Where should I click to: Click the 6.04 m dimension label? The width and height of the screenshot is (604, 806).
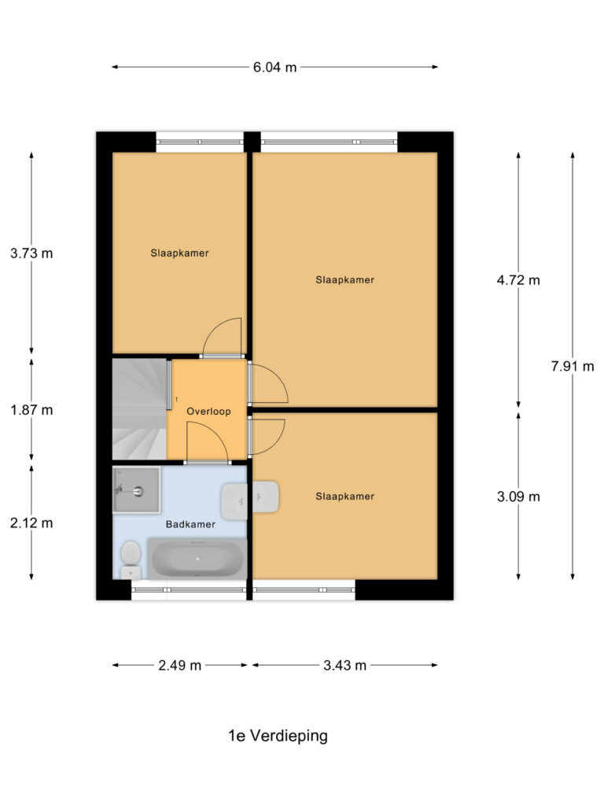tap(274, 68)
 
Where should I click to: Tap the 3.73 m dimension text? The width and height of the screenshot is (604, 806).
tap(31, 253)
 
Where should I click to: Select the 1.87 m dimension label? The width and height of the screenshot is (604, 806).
tap(31, 410)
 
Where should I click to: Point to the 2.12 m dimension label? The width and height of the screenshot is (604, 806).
tap(31, 523)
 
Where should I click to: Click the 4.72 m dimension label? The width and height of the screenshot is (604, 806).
tap(518, 280)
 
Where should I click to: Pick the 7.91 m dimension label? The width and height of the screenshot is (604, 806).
tap(572, 365)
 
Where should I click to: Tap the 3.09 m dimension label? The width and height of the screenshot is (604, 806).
tap(518, 497)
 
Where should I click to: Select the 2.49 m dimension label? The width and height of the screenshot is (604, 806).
tap(180, 666)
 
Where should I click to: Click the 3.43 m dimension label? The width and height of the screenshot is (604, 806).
tap(344, 666)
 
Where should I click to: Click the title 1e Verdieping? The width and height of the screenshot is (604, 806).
tap(278, 737)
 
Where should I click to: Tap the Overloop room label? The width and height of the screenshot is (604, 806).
tap(208, 411)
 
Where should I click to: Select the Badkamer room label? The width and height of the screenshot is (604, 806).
tap(190, 524)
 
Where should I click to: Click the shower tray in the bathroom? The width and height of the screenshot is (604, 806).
tap(136, 490)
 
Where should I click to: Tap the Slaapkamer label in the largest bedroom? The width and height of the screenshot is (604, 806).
tap(344, 280)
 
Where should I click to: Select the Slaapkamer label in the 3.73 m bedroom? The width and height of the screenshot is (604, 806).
tap(179, 253)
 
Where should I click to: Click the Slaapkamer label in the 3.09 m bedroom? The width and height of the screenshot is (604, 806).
tap(344, 497)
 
